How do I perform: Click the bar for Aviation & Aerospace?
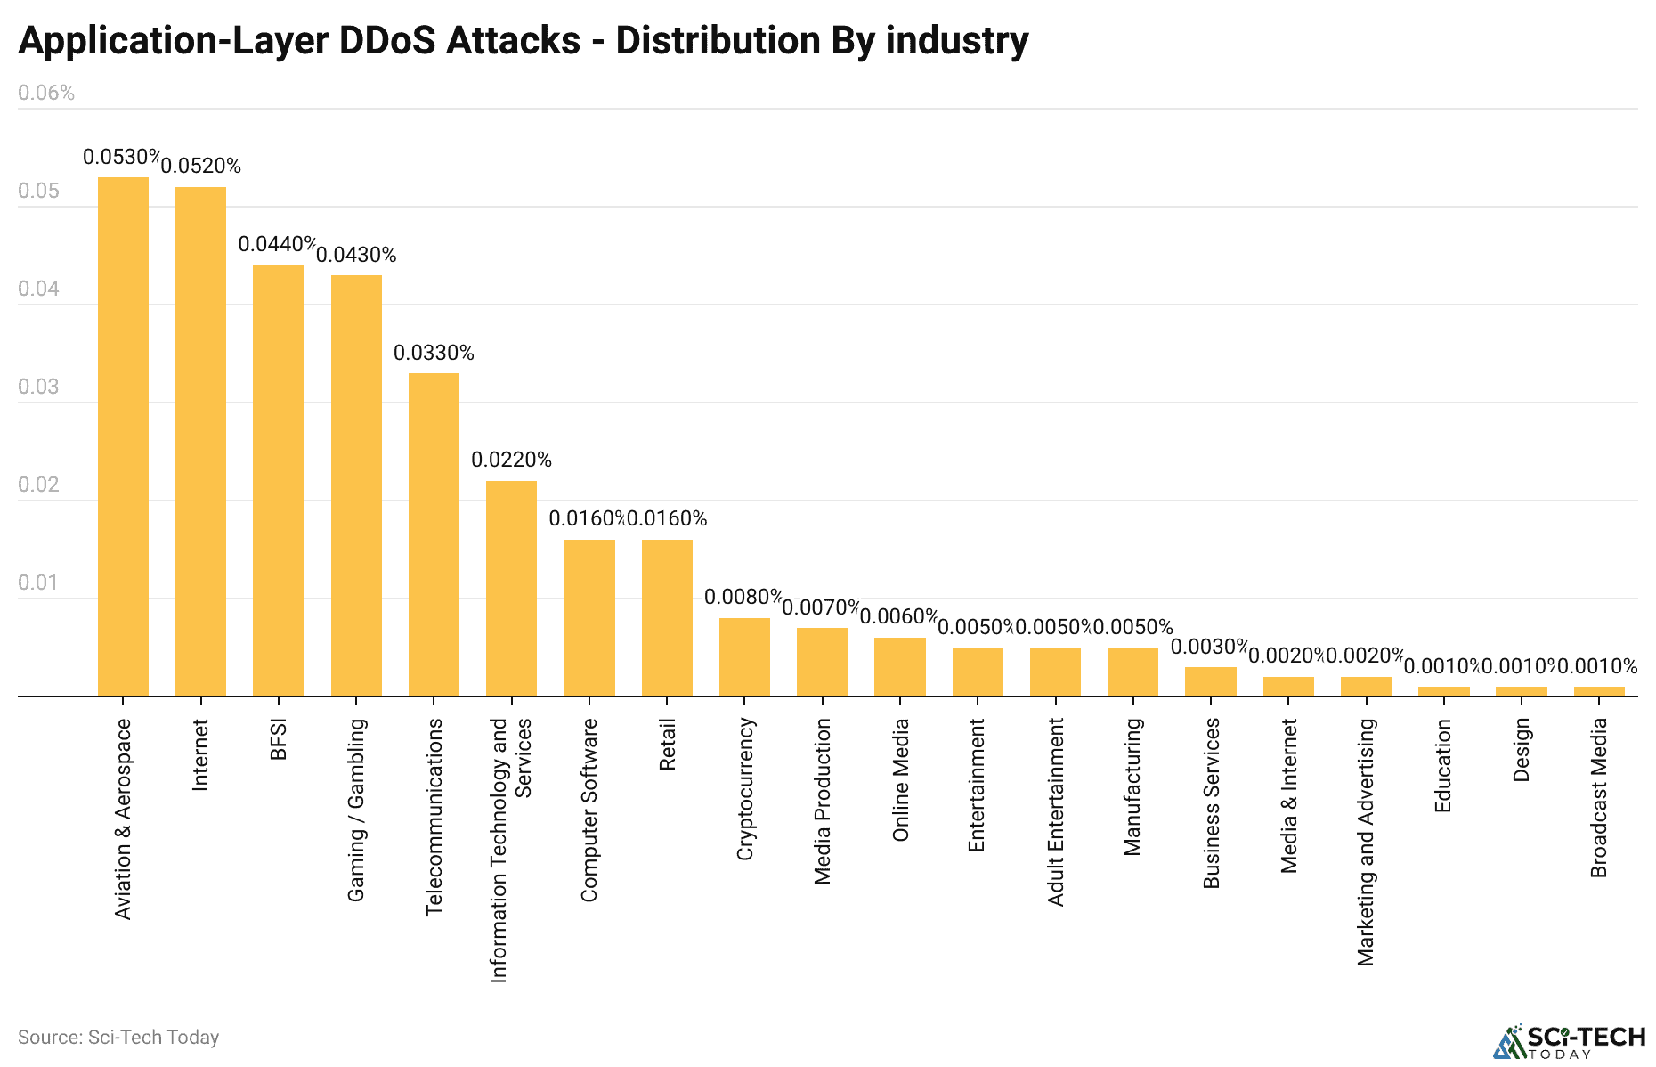(123, 436)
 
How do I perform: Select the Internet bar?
(200, 441)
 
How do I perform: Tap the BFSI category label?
(279, 740)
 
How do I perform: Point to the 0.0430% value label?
(356, 256)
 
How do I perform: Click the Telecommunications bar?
(434, 534)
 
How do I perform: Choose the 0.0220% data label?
(511, 460)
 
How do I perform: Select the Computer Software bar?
(589, 617)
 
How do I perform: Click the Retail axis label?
(668, 745)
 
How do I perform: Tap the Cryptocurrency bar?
(744, 656)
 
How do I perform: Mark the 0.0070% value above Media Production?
(821, 608)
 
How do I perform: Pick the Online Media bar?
(900, 666)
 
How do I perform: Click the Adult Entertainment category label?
(1056, 812)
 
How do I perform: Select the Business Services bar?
(1210, 681)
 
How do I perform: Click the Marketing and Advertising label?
(1366, 842)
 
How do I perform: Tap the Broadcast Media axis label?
(1599, 798)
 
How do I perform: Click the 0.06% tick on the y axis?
(46, 94)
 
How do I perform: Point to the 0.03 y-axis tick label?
(39, 387)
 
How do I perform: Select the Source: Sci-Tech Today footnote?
(118, 1038)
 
